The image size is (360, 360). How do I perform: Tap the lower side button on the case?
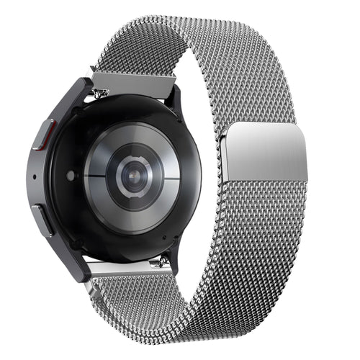coord(42,220)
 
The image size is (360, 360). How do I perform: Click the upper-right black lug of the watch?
coord(175,101)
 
